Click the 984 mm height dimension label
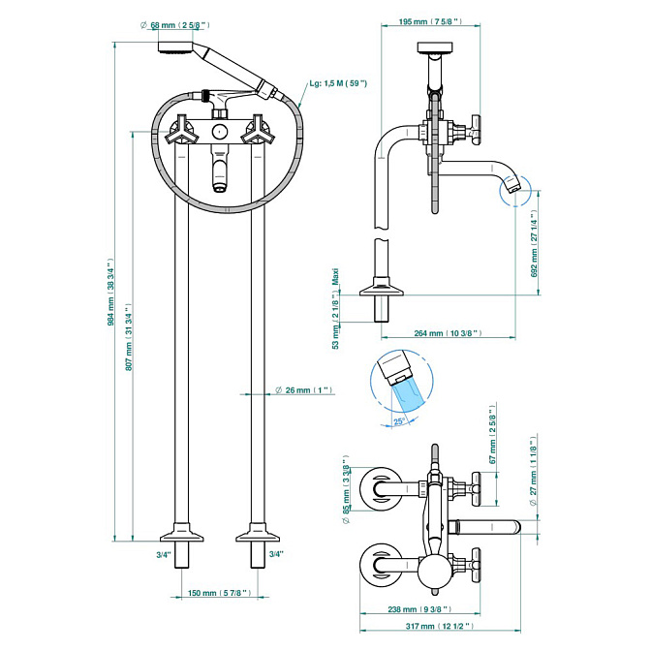[111, 292]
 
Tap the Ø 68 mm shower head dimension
[183, 24]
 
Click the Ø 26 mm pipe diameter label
[303, 390]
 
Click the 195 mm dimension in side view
[428, 20]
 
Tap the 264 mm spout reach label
[447, 333]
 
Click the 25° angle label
[399, 421]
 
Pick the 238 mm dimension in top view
[420, 609]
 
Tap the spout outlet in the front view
[220, 184]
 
